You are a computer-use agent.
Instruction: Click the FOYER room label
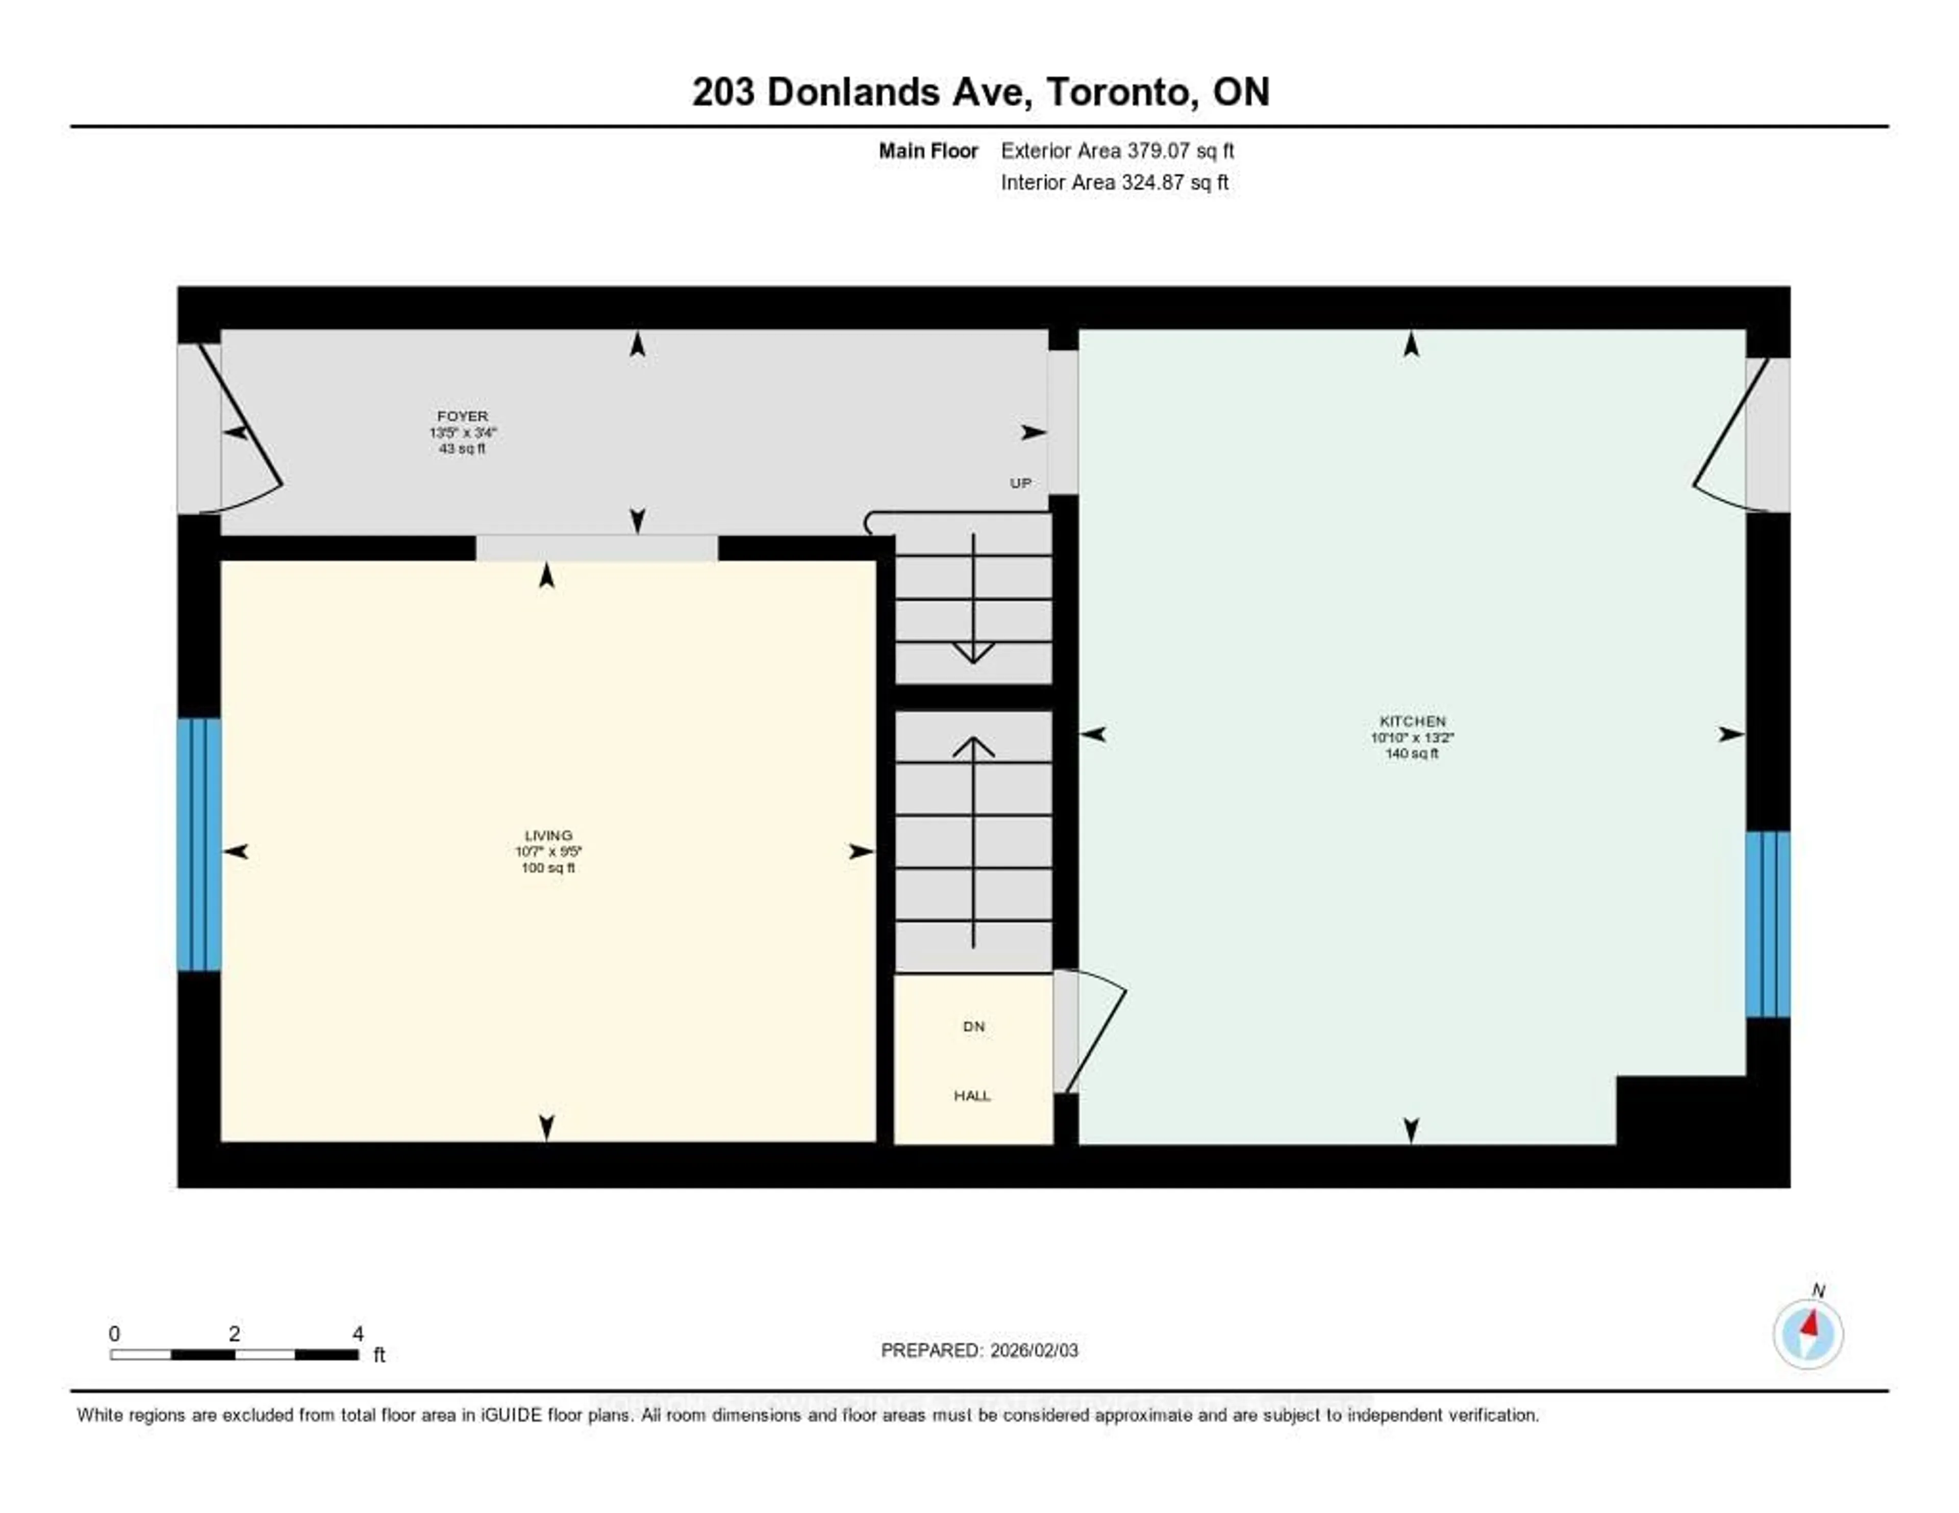click(462, 416)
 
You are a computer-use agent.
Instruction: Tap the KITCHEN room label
click(1412, 721)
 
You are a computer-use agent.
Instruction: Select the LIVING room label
click(548, 835)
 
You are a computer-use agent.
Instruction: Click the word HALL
click(972, 1096)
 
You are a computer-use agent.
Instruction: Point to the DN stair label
click(973, 1026)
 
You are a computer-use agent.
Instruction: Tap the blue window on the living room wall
click(198, 844)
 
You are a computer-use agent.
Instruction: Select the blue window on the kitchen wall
click(1767, 924)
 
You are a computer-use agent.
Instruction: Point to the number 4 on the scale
click(358, 1333)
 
